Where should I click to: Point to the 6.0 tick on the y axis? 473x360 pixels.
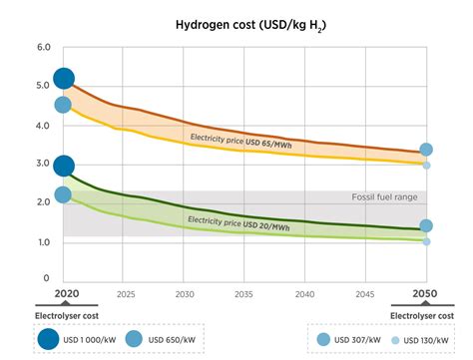43,48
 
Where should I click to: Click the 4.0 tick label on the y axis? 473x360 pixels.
43,126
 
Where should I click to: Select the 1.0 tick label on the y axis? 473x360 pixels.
43,242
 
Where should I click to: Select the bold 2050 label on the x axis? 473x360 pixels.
426,295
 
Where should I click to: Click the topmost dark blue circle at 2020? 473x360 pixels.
63,79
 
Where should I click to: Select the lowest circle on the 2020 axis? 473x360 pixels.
63,194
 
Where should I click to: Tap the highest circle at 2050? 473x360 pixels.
426,150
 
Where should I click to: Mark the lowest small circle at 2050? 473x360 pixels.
426,241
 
